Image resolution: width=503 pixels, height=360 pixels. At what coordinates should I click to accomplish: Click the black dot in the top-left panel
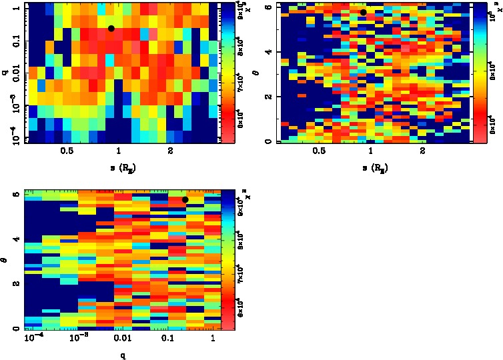coord(111,28)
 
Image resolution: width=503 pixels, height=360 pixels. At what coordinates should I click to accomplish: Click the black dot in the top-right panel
coord(363,12)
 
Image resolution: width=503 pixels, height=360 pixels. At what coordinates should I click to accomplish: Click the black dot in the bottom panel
coord(185,199)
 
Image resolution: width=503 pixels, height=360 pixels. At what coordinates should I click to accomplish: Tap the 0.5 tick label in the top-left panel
coord(66,151)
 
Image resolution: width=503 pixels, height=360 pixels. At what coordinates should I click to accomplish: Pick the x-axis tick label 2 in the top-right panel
coord(422,151)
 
